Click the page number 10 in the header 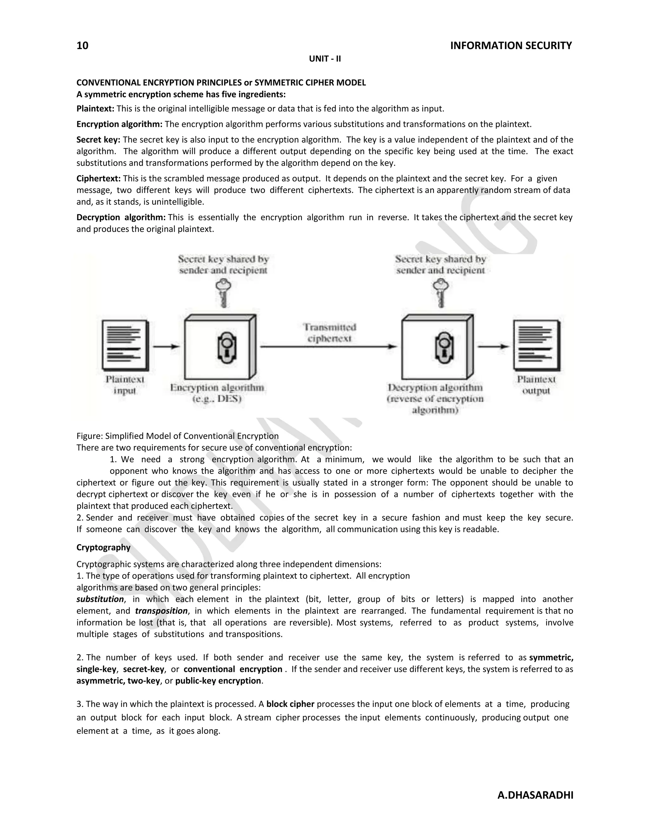click(83, 46)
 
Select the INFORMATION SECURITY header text click(511, 46)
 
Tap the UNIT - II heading click(325, 59)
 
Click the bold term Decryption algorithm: click(121, 217)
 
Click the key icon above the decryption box click(441, 293)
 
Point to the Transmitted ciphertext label click(330, 333)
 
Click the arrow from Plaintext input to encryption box click(166, 346)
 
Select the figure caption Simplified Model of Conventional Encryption click(177, 436)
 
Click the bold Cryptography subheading click(103, 547)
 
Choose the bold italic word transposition click(161, 611)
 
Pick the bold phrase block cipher click(290, 704)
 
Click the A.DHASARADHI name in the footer click(535, 795)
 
